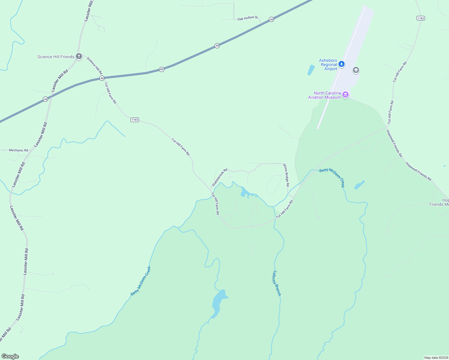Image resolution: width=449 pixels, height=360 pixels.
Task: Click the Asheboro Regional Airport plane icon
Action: coord(341,64)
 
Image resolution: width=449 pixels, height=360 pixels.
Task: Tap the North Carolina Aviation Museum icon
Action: coord(345,95)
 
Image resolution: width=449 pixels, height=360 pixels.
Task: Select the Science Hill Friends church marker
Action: coord(79,56)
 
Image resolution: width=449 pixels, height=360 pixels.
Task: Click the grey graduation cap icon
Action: coord(356,70)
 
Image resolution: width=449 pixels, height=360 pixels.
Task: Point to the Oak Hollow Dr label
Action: coord(248,18)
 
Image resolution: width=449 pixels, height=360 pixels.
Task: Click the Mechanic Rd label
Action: coord(18,150)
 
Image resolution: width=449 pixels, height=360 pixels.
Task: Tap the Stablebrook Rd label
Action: coord(220,177)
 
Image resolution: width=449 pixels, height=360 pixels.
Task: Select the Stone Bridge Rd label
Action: coord(286,175)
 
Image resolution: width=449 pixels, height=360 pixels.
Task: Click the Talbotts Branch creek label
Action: coord(276,283)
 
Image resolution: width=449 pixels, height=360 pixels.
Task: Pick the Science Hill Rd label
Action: coord(95,65)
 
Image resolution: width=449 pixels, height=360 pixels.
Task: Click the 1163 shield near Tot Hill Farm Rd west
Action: coord(135,120)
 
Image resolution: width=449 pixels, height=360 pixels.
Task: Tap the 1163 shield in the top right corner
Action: coord(421,18)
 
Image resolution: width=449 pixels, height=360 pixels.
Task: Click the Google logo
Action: coord(10,356)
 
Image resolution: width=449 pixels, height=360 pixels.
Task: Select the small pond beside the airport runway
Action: coord(311,70)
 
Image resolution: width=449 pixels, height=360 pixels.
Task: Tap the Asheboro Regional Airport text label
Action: coord(328,64)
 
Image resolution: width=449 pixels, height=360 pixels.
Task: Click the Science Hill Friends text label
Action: coord(56,57)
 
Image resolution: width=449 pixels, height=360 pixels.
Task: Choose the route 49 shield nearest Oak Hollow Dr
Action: coord(271,19)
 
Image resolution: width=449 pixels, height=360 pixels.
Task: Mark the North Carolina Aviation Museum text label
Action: coord(325,95)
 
